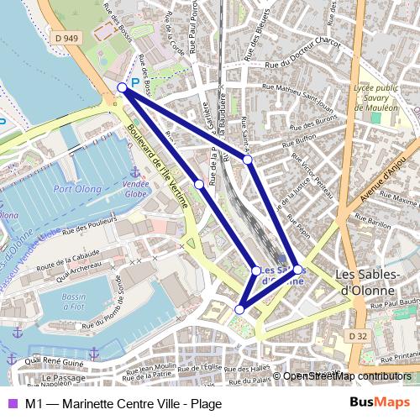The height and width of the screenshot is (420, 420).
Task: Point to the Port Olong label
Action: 77,188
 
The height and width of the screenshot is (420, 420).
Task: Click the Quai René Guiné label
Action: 55,364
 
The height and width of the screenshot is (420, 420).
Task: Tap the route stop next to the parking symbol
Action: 123,87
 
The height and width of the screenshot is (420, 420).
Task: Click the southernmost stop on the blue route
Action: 239,310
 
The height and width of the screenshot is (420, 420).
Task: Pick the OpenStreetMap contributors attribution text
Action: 347,375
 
